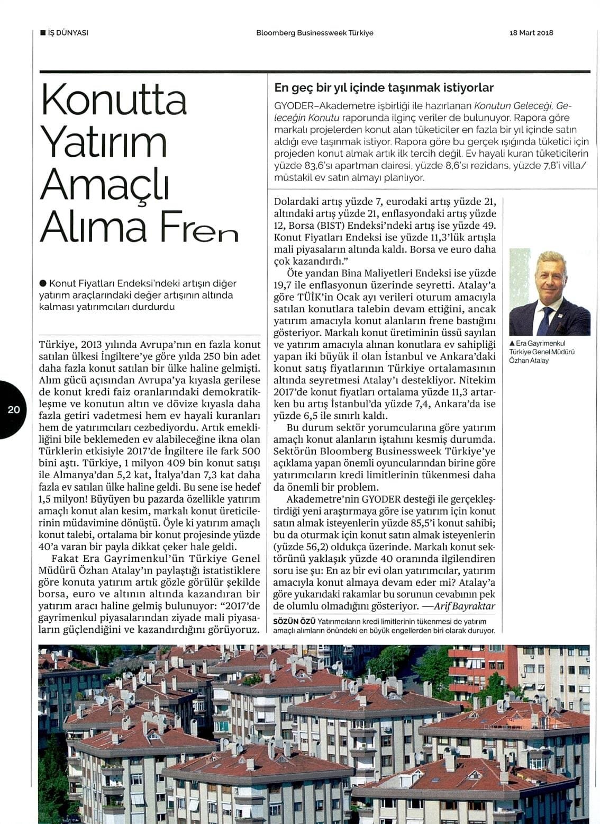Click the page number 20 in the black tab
[x=13, y=409]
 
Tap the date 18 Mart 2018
[x=531, y=33]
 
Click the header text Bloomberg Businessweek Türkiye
[x=315, y=33]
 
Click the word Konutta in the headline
[x=114, y=100]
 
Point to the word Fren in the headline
[x=197, y=227]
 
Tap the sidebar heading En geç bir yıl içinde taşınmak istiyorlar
[x=384, y=87]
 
